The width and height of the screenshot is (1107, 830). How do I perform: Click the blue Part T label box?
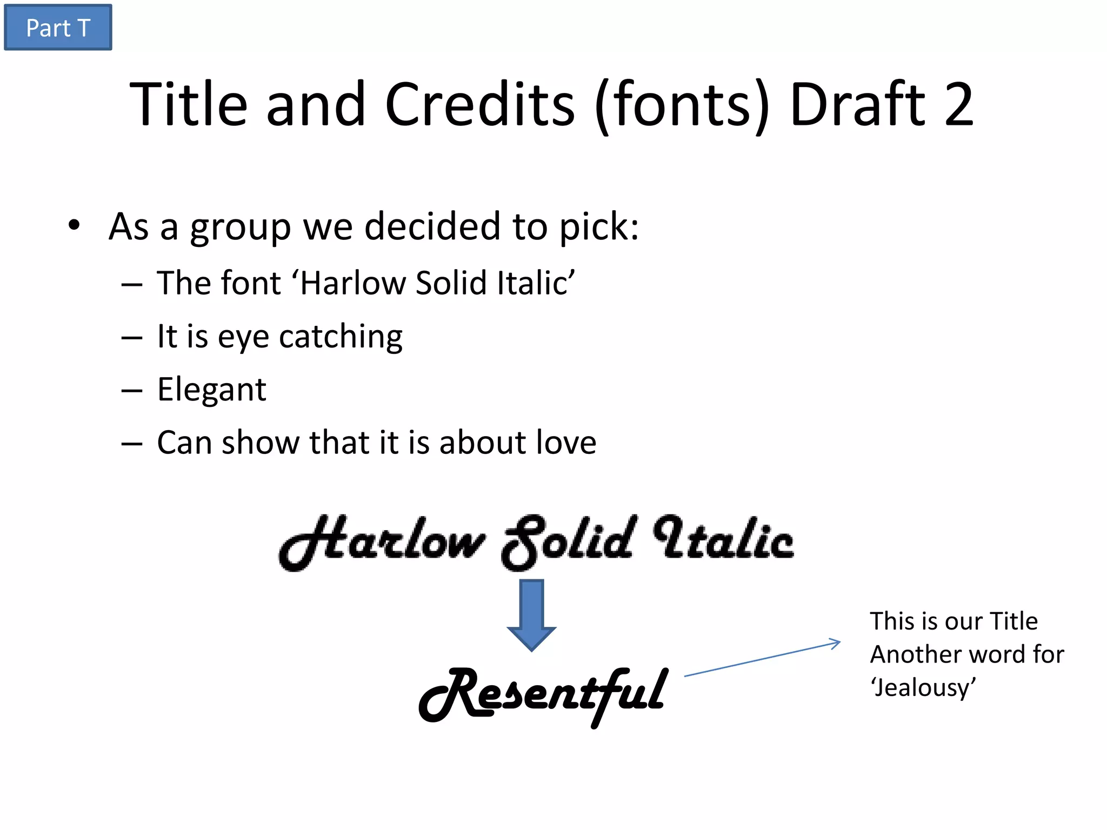(x=58, y=28)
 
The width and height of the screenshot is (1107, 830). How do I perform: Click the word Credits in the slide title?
(x=480, y=104)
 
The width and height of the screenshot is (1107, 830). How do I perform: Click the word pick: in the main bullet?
(x=599, y=227)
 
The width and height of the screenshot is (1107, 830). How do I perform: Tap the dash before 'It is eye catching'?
(x=132, y=338)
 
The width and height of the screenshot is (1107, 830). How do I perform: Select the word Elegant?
(x=211, y=390)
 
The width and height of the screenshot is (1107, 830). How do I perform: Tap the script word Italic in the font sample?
(x=724, y=540)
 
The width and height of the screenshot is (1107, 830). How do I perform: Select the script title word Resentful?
(x=544, y=694)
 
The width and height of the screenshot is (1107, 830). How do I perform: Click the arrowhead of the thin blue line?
(x=835, y=643)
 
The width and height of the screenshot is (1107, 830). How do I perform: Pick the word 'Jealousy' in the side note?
(x=923, y=687)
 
